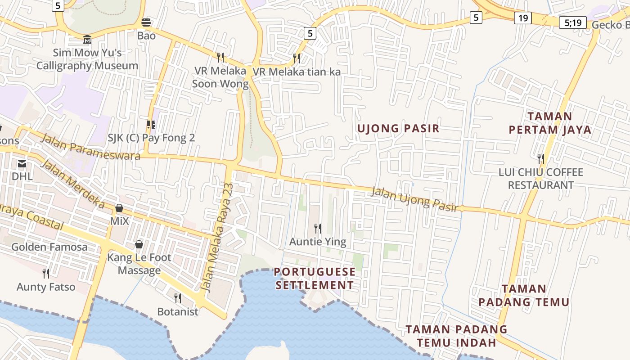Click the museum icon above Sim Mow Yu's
coord(87,40)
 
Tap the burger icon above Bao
coord(146,22)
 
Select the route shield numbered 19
coord(522,18)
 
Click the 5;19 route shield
coord(572,22)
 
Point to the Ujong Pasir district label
coord(398,128)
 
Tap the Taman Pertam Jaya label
coord(549,123)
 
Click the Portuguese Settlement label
coord(315,279)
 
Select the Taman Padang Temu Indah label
coord(456,336)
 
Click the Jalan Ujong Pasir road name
coord(414,199)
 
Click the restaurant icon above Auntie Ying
coord(318,229)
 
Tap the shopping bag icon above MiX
coord(119,208)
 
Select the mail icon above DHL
coord(22,163)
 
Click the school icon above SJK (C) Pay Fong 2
coord(151,124)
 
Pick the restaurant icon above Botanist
coord(178,298)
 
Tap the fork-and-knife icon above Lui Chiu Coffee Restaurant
coord(540,158)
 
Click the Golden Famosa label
coord(49,247)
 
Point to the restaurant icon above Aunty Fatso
coord(46,273)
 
